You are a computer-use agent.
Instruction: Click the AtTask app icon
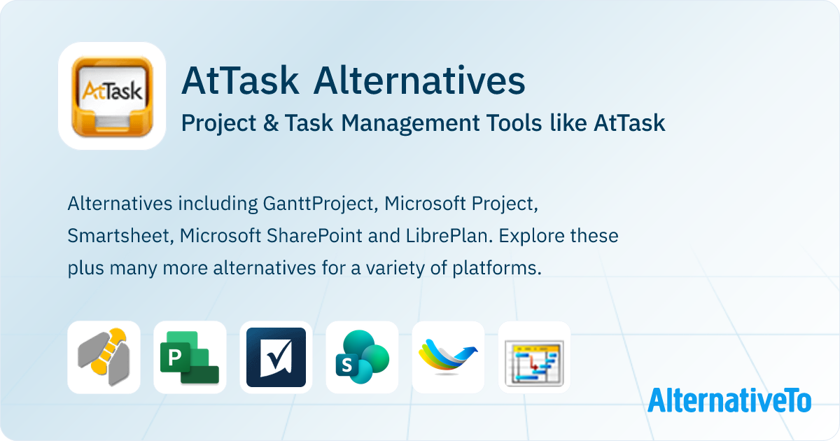(x=112, y=96)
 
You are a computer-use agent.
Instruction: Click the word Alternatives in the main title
(x=419, y=80)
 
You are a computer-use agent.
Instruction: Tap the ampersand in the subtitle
(x=271, y=122)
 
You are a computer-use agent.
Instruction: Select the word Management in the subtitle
(x=410, y=124)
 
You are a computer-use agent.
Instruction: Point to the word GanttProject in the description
(x=318, y=204)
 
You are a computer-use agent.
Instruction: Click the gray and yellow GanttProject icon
(x=104, y=357)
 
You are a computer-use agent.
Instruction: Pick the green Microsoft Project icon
(x=190, y=357)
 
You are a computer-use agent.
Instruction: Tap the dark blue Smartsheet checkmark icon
(x=276, y=357)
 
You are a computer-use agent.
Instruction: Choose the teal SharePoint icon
(x=363, y=357)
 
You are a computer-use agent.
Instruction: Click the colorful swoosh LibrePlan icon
(x=448, y=357)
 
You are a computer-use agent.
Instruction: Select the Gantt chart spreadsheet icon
(x=534, y=357)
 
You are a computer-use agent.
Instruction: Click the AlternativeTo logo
(x=729, y=400)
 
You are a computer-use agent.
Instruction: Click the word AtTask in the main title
(x=240, y=80)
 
